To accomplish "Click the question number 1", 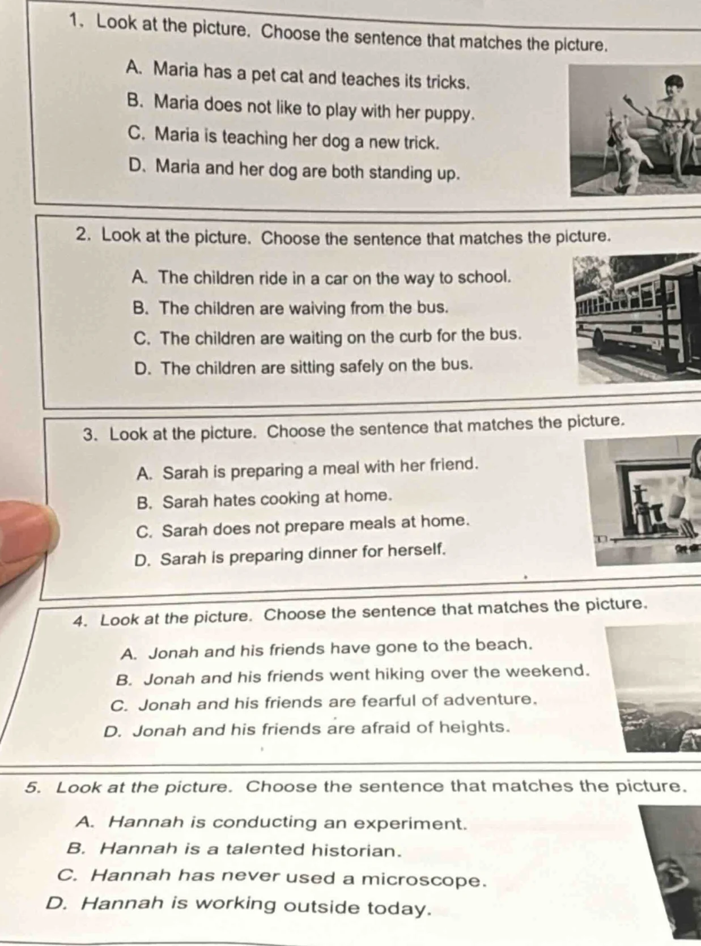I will [75, 21].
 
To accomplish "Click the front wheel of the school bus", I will [598, 338].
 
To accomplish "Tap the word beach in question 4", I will [503, 645].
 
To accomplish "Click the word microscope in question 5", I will [424, 880].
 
